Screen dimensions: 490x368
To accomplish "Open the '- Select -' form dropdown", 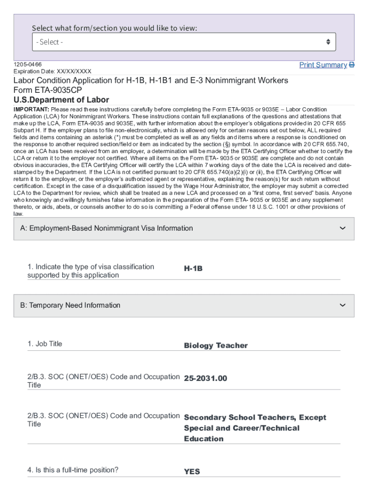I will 184,42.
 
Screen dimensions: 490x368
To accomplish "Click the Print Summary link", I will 323,65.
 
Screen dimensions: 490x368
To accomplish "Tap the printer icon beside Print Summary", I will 352,65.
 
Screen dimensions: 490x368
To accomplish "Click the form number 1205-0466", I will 27,64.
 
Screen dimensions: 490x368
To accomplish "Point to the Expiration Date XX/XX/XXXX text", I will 52,71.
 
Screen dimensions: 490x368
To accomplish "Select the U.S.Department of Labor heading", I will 61,100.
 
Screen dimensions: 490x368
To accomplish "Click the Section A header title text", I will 106,228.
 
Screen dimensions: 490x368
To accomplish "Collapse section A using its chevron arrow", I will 342,228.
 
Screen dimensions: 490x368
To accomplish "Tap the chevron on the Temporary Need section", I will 342,305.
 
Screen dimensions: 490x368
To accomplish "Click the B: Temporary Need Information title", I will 70,305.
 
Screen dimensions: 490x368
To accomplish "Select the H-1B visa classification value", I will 193,269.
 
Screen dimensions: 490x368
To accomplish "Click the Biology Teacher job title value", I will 216,345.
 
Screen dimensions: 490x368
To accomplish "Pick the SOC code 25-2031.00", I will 206,379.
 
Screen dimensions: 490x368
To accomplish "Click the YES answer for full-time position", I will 192,472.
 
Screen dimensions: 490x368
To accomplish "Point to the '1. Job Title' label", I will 45,344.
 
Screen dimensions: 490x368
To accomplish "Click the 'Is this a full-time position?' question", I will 73,470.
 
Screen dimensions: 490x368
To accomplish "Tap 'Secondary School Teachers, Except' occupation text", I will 255,418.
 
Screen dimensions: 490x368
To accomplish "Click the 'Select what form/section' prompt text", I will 114,28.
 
